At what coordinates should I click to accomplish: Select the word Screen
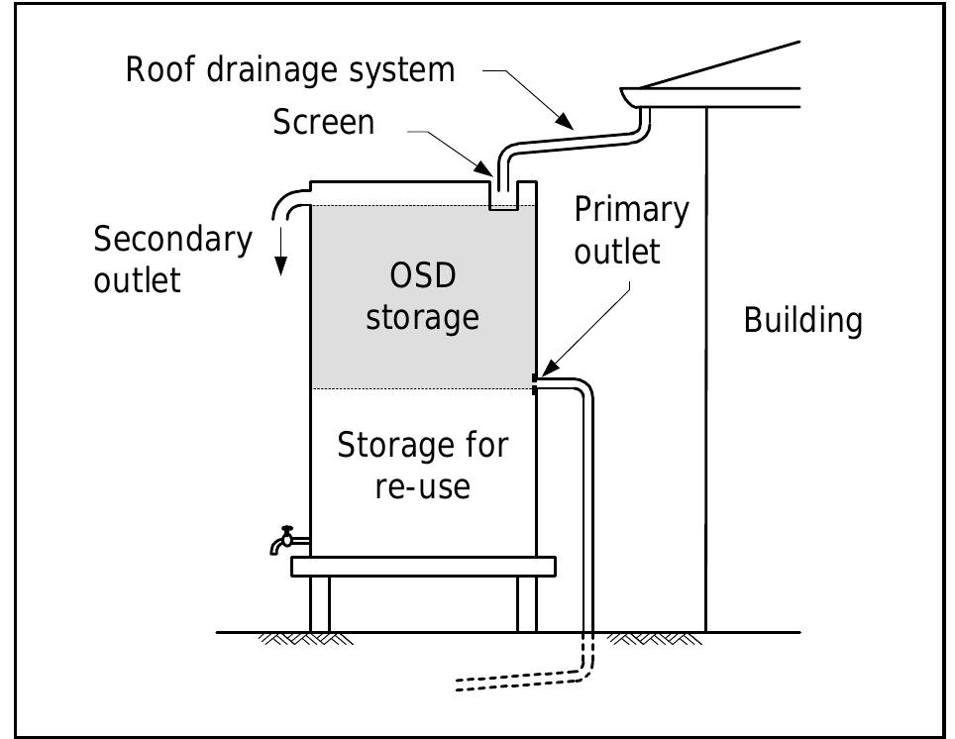pos(324,122)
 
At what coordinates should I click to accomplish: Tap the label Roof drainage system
pos(290,70)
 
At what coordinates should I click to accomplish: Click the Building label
pos(802,321)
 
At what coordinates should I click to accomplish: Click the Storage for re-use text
pos(423,466)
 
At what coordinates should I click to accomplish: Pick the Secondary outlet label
pos(172,259)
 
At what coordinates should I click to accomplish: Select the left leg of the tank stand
pos(319,603)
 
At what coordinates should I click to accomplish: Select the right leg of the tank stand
pos(526,603)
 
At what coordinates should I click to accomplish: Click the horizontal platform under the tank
pos(423,566)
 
